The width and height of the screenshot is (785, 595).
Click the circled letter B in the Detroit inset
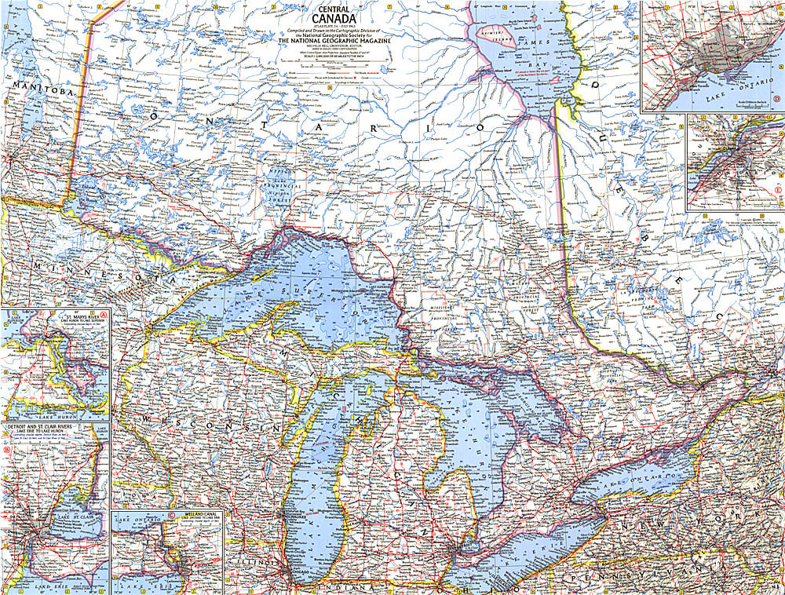point(7,451)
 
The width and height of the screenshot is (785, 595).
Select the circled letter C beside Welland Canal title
point(170,516)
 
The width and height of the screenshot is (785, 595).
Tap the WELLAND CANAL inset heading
point(197,516)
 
